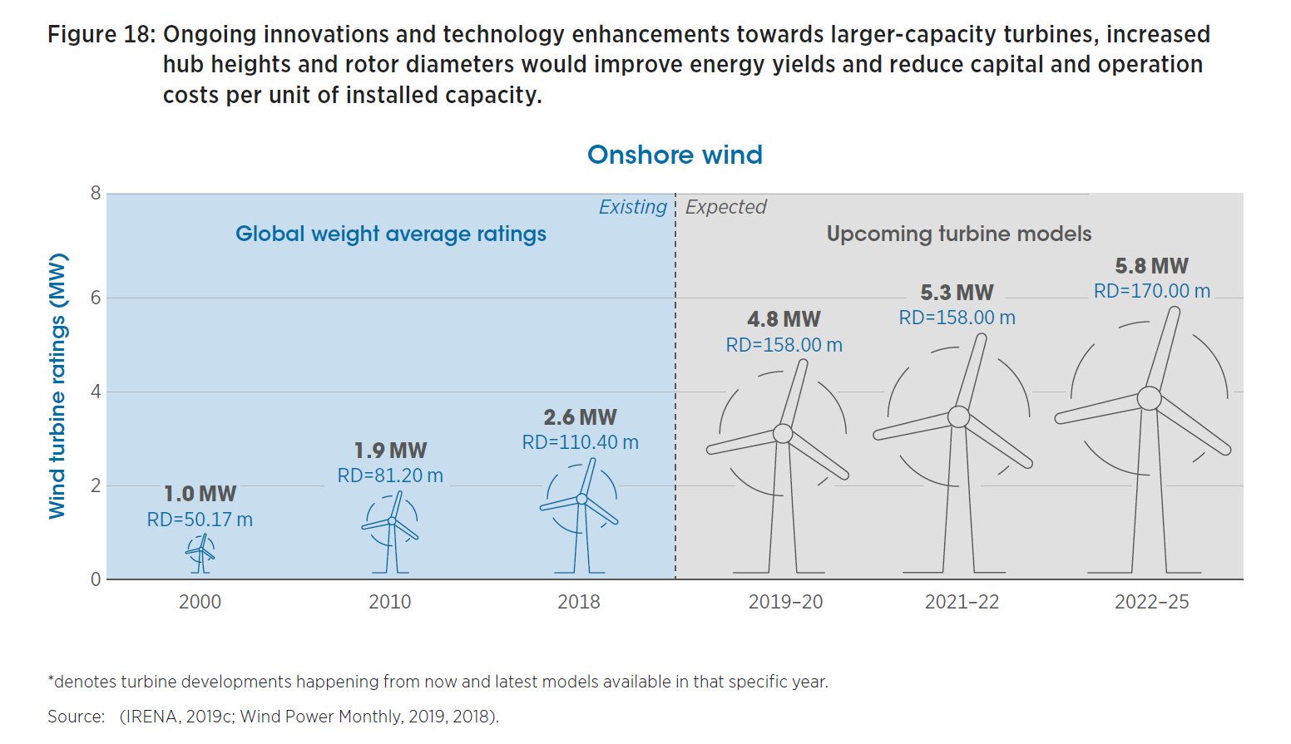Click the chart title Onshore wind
[675, 155]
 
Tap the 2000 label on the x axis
[200, 602]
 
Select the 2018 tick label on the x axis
[578, 602]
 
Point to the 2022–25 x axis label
[1151, 602]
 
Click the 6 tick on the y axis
[96, 298]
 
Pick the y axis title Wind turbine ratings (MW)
[57, 387]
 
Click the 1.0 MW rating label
[200, 494]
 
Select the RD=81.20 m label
[390, 475]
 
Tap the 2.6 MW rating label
[580, 417]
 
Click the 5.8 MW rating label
[1151, 266]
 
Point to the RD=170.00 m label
[1151, 291]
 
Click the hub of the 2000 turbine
[200, 549]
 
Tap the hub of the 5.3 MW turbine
[958, 416]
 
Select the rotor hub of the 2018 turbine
[581, 500]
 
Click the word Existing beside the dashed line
[632, 207]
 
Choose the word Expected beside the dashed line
[725, 207]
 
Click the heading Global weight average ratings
[390, 234]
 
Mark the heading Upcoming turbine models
[958, 234]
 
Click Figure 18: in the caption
[101, 35]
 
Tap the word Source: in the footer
[76, 717]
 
